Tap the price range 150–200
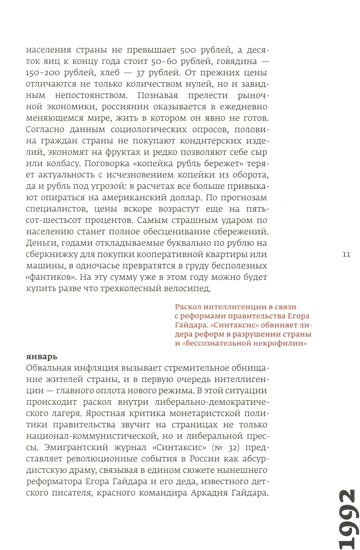43,73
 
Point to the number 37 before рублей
141,73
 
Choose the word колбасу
64,164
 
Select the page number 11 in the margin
346,255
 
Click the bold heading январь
42,357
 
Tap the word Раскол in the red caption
188,307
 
